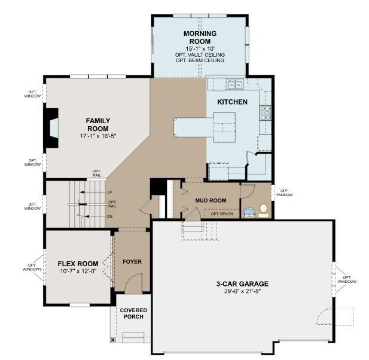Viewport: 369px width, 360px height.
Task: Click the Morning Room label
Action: coord(200,38)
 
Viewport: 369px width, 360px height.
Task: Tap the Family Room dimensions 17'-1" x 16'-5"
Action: coord(98,136)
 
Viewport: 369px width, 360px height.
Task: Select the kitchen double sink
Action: coord(235,84)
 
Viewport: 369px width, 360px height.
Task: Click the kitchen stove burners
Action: coord(265,112)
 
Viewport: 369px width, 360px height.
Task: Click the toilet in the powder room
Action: coord(263,211)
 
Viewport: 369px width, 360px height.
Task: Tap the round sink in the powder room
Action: coord(249,213)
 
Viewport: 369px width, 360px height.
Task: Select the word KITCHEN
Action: coord(232,102)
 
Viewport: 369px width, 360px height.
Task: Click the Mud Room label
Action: coord(211,200)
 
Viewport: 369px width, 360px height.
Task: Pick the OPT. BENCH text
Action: coord(222,214)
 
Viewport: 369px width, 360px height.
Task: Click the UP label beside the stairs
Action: coord(109,192)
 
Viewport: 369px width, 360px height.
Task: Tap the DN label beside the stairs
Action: coord(109,216)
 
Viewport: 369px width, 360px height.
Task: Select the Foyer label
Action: coord(132,262)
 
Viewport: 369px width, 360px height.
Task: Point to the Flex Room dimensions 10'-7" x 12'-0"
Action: coord(78,271)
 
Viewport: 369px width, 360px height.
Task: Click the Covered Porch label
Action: coord(133,313)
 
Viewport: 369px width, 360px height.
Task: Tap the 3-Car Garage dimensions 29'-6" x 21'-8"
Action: coord(242,291)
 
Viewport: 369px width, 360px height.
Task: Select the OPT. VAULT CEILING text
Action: coord(200,55)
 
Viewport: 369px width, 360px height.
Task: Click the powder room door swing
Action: coord(248,191)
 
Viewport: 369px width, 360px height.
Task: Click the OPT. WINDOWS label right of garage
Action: coord(347,279)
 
